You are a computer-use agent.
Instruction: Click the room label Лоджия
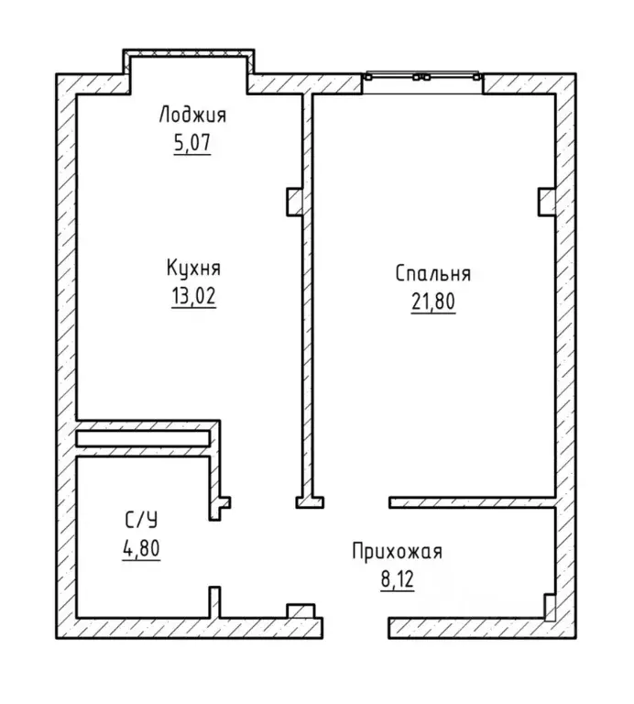[192, 115]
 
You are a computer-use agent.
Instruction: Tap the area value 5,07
[192, 143]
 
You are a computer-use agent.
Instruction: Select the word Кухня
[193, 268]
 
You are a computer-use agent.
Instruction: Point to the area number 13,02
[193, 296]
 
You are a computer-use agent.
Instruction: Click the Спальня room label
[433, 273]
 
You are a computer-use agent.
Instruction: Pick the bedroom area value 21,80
[433, 302]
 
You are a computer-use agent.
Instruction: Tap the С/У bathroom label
[141, 521]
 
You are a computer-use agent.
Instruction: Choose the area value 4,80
[141, 549]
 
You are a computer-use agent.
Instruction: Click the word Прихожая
[397, 552]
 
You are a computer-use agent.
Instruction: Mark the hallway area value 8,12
[397, 579]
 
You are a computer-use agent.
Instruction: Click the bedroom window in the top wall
[422, 77]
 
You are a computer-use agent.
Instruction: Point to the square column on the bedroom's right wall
[547, 202]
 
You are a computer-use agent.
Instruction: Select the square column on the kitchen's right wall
[295, 202]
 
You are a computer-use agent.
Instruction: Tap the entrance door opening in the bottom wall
[355, 628]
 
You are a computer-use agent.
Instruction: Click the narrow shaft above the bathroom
[143, 439]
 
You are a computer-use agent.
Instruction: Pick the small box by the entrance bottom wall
[301, 611]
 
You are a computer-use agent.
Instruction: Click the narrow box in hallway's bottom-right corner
[550, 607]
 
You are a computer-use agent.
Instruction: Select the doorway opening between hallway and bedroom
[356, 502]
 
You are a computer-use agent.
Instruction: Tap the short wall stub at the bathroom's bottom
[215, 602]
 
